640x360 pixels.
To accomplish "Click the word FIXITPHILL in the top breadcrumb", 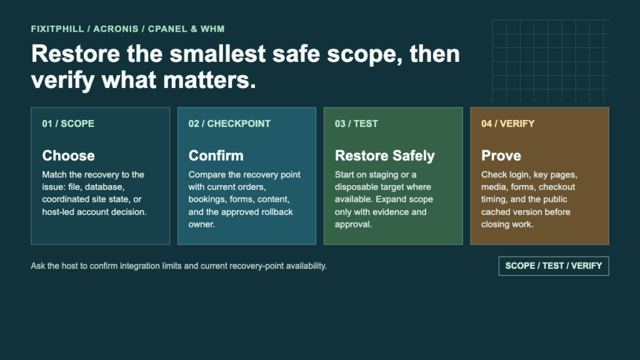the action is click(57, 29).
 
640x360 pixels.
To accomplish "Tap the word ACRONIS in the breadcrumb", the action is click(116, 29).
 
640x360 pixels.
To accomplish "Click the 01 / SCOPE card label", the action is click(68, 124).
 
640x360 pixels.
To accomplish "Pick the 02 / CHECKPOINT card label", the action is click(229, 124).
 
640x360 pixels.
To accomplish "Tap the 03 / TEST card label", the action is click(356, 124).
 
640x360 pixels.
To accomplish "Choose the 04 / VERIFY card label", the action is click(507, 124).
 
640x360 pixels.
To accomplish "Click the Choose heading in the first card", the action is click(68, 156).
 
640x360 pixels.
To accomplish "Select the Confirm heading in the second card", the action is click(216, 156).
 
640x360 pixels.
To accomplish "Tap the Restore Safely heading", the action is click(385, 156).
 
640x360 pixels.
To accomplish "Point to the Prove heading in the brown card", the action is click(501, 156).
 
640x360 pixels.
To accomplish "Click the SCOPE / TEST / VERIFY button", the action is click(554, 266).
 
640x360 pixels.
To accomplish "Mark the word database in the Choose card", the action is click(106, 187).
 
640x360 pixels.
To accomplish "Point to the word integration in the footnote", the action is click(140, 266).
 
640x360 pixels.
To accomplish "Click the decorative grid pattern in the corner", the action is click(551, 61).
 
